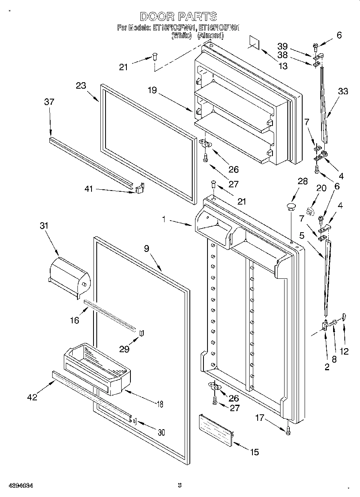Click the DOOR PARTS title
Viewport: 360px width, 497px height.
click(x=179, y=16)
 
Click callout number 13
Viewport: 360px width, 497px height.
click(x=283, y=66)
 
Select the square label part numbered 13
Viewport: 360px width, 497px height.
click(x=254, y=42)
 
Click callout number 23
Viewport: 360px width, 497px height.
click(x=81, y=85)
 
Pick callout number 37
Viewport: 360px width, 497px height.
click(x=49, y=102)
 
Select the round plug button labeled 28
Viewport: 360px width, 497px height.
click(x=291, y=207)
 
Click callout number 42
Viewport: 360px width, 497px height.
click(x=32, y=397)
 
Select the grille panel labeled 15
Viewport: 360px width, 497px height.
click(x=216, y=430)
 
